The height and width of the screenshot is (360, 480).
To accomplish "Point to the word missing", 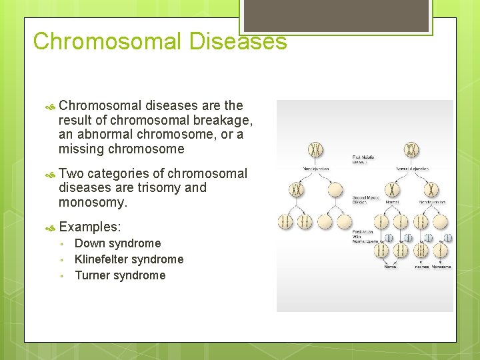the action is [x=81, y=149].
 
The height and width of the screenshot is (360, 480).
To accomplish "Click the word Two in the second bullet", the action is [x=71, y=174].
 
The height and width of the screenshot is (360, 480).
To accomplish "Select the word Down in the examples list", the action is [x=89, y=243].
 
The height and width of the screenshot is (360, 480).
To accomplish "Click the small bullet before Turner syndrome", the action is [x=61, y=276].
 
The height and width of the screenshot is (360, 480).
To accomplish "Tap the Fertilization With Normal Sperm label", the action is [x=365, y=236].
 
